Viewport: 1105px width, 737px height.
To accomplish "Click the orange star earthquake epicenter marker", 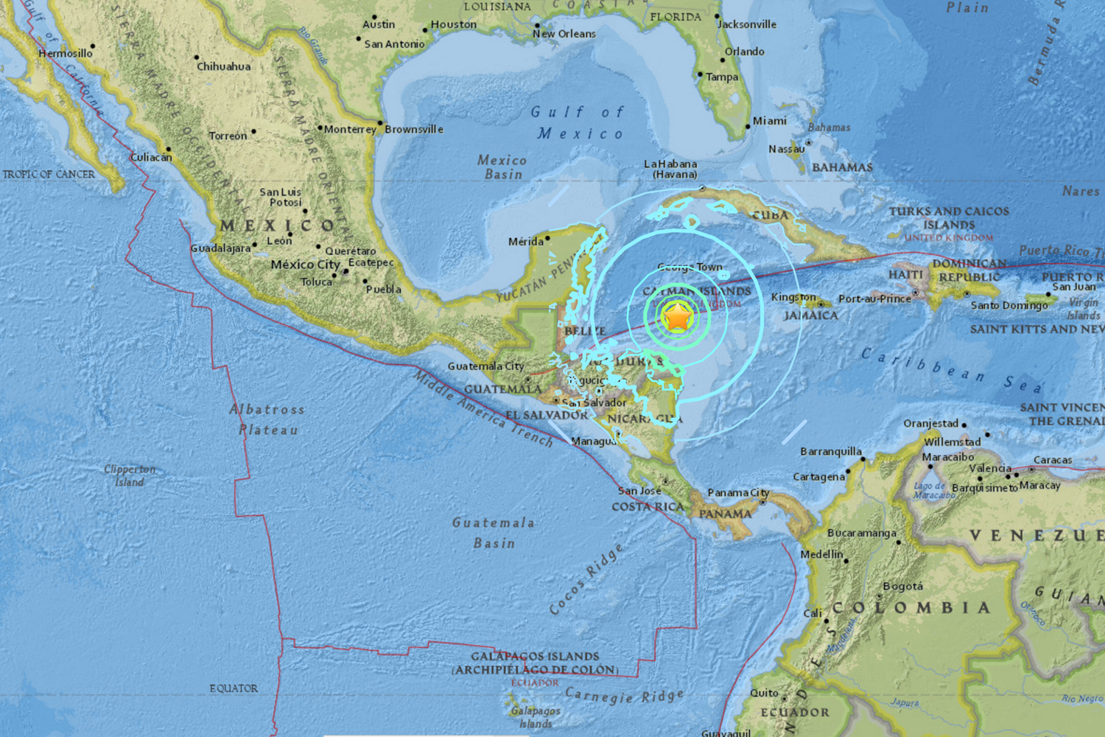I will (677, 318).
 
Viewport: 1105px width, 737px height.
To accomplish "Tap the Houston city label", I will (453, 24).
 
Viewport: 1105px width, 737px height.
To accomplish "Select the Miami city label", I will (769, 121).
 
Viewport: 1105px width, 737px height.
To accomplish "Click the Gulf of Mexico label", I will (578, 122).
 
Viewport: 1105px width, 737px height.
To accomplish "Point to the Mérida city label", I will (525, 242).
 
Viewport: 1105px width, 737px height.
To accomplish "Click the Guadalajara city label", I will (220, 248).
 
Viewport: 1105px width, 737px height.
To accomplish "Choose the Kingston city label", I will (793, 297).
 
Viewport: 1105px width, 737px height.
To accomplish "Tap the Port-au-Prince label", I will (874, 298).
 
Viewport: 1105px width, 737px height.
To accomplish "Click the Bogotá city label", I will (902, 587).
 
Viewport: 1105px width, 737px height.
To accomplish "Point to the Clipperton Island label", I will (130, 475).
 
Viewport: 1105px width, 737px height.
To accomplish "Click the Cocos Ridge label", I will (586, 579).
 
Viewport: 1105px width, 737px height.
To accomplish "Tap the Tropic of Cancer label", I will (49, 175).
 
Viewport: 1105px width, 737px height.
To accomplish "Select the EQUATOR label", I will (234, 688).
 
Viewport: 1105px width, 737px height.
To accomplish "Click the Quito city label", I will (764, 693).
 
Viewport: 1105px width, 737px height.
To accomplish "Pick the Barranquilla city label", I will (830, 451).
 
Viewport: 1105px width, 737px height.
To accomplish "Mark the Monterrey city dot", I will (320, 128).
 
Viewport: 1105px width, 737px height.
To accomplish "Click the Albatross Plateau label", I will (267, 419).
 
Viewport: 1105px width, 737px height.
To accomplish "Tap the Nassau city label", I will (786, 149).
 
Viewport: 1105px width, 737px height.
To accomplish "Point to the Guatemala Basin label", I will (493, 532).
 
